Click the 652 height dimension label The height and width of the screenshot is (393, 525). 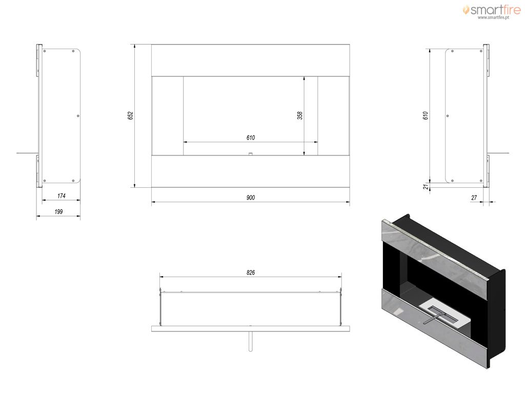tap(130, 116)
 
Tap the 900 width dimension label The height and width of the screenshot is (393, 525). tap(250, 198)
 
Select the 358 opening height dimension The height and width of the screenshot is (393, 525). tap(299, 116)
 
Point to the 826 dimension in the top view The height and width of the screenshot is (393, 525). tap(250, 273)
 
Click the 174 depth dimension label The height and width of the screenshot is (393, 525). tap(62, 196)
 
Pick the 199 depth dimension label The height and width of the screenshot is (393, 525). tap(58, 211)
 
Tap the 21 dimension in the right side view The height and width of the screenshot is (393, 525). tap(426, 186)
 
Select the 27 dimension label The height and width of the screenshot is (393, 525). tap(474, 198)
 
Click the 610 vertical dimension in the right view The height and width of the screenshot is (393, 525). tap(425, 116)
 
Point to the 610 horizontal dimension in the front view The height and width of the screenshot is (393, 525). tap(250, 138)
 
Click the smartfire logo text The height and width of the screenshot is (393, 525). tap(496, 10)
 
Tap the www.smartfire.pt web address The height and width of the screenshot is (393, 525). tap(493, 17)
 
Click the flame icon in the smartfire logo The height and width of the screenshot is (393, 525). tap(466, 10)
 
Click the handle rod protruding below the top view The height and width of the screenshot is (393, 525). tap(250, 341)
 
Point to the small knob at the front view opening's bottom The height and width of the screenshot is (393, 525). tap(250, 154)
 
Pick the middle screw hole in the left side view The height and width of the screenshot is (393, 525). tap(78, 116)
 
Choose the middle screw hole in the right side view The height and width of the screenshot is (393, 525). tap(448, 116)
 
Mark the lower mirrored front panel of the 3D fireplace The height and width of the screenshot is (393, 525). tap(434, 328)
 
